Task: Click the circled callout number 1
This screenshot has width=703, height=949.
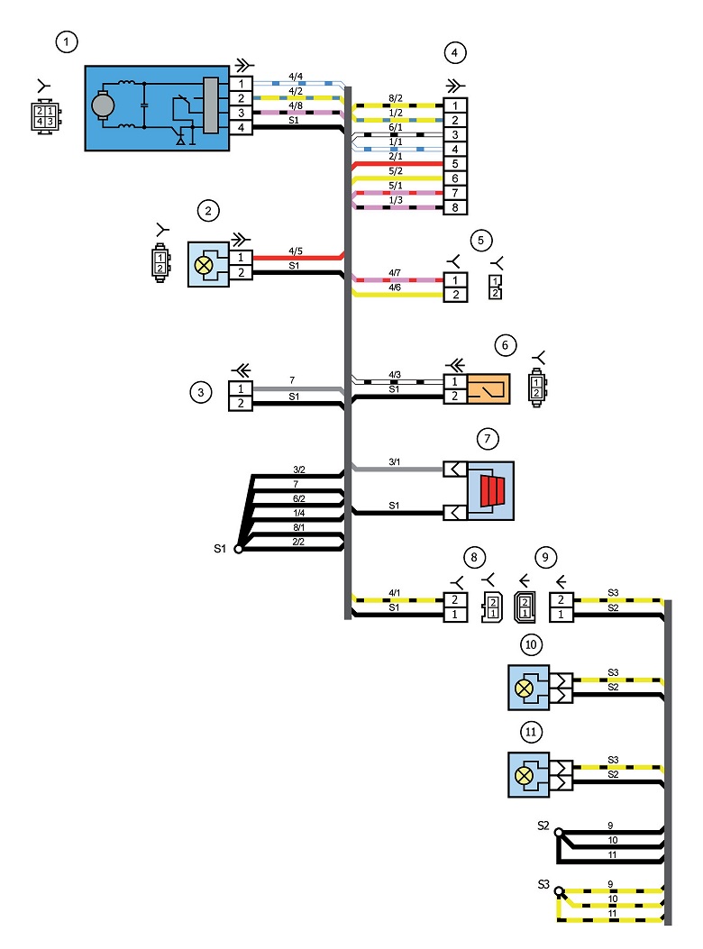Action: [67, 42]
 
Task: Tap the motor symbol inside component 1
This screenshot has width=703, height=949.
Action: [103, 105]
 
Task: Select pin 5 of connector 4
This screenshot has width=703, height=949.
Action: [455, 164]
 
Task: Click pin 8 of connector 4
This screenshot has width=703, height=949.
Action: [455, 207]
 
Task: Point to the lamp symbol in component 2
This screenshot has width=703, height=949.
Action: [204, 265]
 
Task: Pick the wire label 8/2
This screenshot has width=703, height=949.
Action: [396, 98]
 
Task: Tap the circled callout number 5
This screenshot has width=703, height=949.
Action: [480, 241]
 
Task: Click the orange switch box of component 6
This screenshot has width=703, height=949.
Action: [488, 388]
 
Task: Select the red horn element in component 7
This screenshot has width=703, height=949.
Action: [492, 490]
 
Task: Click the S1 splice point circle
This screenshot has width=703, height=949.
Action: [239, 549]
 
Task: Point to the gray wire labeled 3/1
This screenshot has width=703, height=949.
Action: [397, 469]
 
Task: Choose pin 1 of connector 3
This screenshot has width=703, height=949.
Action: [241, 389]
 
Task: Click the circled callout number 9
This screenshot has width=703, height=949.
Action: [545, 558]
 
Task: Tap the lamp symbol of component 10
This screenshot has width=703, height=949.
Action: [524, 689]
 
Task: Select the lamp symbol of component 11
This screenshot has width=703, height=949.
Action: [524, 775]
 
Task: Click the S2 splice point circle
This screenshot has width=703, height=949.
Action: [559, 833]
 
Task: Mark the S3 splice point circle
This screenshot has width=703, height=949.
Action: [560, 891]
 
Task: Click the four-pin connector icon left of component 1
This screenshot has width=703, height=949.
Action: [45, 116]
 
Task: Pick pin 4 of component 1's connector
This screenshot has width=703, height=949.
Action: [241, 128]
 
